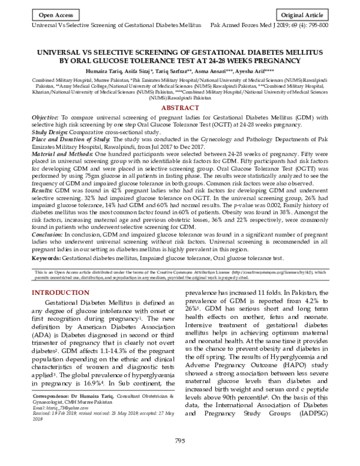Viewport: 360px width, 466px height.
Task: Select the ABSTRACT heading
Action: click(x=180, y=107)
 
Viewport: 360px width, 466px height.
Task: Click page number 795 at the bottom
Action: click(x=179, y=458)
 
